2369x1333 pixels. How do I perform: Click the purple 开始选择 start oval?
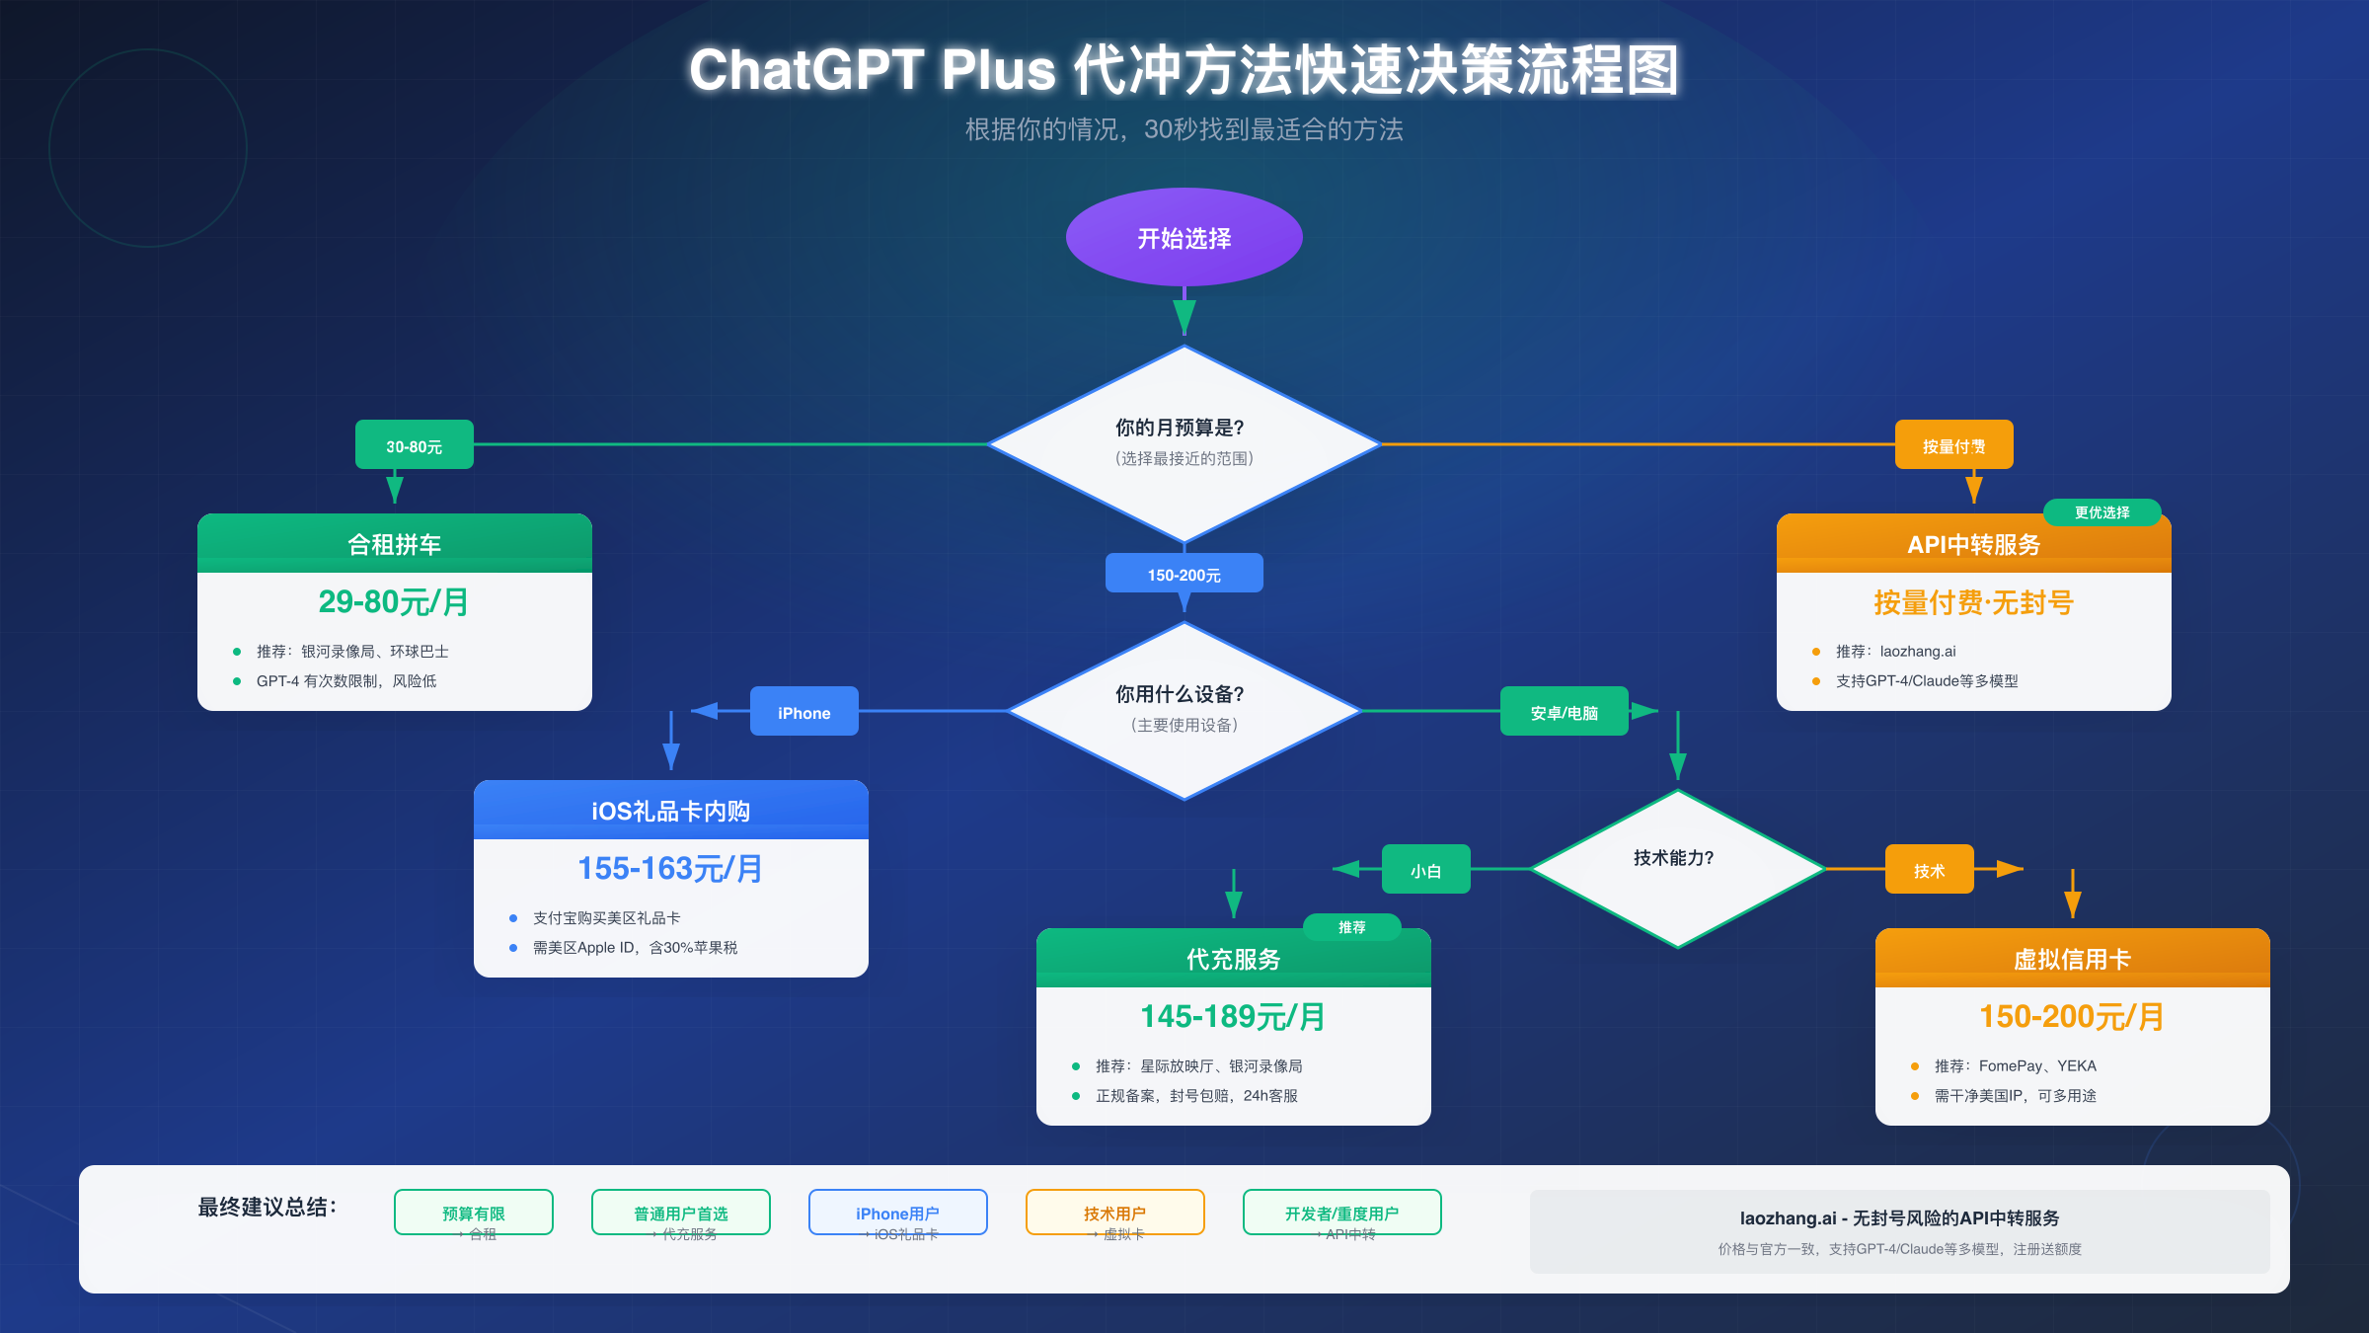coord(1184,238)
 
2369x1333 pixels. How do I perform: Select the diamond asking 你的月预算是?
coord(1184,443)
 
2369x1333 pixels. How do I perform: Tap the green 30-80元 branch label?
coord(414,445)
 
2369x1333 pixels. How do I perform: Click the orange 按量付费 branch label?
coord(1953,445)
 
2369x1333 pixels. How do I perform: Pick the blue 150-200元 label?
coord(1184,574)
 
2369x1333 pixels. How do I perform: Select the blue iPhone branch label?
coord(803,712)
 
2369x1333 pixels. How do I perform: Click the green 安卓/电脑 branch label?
coord(1564,712)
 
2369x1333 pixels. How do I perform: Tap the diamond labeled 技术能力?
coord(1676,868)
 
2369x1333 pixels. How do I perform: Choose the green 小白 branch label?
coord(1425,870)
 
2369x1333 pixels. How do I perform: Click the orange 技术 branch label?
coord(1929,870)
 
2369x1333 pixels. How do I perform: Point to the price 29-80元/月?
coord(394,601)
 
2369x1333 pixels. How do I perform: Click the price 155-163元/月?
coord(670,868)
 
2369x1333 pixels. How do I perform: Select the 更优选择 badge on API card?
coord(2102,512)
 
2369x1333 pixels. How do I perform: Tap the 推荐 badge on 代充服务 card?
coord(1351,927)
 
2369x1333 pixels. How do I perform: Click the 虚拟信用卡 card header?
coord(2072,958)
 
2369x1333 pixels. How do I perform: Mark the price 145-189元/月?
coord(1233,1016)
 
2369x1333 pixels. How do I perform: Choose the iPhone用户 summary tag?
coord(897,1213)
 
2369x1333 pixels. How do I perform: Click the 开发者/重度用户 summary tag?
coord(1341,1213)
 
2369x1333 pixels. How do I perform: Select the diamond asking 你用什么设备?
coord(1184,710)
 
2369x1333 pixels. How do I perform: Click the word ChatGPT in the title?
coord(805,70)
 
